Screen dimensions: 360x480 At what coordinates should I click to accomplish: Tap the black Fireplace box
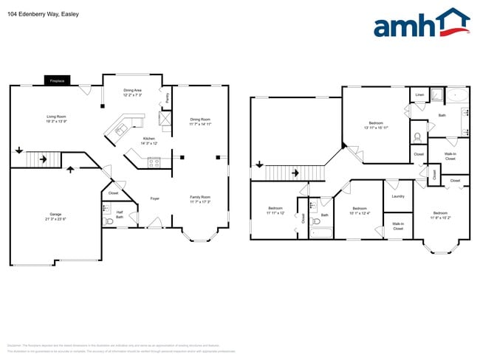pos(57,80)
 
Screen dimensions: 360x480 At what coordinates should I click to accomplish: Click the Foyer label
pos(155,198)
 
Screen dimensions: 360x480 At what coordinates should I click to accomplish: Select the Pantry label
pos(168,97)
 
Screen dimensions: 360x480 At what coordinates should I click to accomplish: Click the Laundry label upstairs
pos(397,196)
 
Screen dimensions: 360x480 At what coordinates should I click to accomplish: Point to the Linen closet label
pos(419,95)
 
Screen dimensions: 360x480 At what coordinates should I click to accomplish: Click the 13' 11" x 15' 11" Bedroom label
pos(376,125)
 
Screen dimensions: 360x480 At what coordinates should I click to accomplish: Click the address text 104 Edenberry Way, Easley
pos(43,14)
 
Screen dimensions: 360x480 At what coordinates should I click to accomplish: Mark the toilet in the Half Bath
pos(110,221)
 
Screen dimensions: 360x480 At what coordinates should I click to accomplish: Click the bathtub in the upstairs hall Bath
pos(321,234)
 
